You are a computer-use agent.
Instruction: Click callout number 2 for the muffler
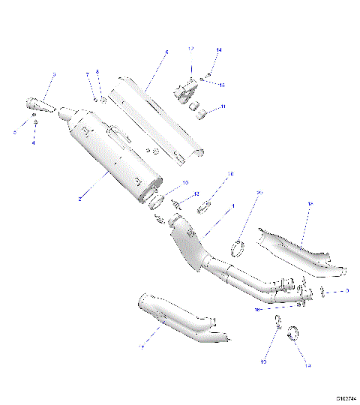pyautogui.click(x=77, y=199)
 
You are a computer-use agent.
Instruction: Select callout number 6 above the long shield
pyautogui.click(x=166, y=52)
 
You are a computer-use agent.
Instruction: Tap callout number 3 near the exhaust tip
pyautogui.click(x=54, y=75)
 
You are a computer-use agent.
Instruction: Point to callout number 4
pyautogui.click(x=34, y=143)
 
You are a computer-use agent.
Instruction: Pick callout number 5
pyautogui.click(x=14, y=132)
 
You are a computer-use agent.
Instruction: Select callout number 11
pyautogui.click(x=223, y=108)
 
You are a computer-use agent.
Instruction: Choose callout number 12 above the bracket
pyautogui.click(x=190, y=49)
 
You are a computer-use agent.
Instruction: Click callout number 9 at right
pyautogui.click(x=346, y=289)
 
